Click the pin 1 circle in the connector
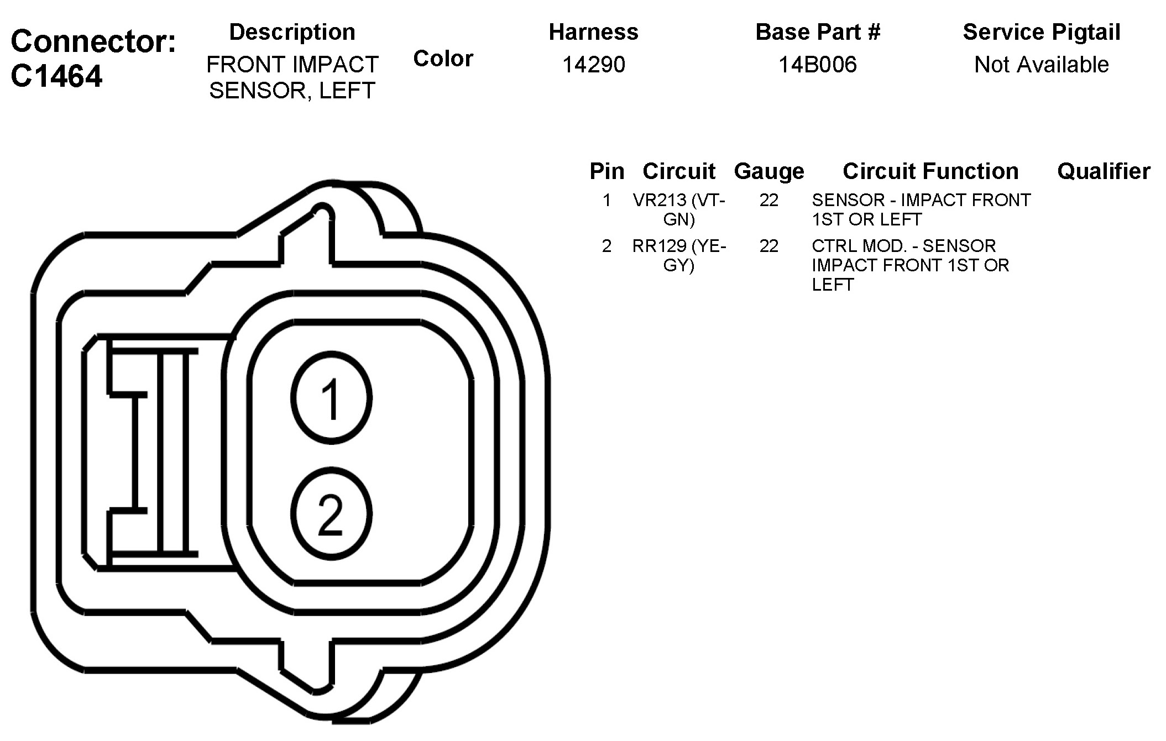click(331, 398)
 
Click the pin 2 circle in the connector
click(331, 514)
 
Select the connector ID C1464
click(56, 76)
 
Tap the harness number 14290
click(594, 65)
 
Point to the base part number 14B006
click(818, 65)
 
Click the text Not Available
click(1042, 65)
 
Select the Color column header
click(443, 59)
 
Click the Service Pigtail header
click(1042, 32)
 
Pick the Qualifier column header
click(1104, 171)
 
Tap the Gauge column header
click(769, 172)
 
